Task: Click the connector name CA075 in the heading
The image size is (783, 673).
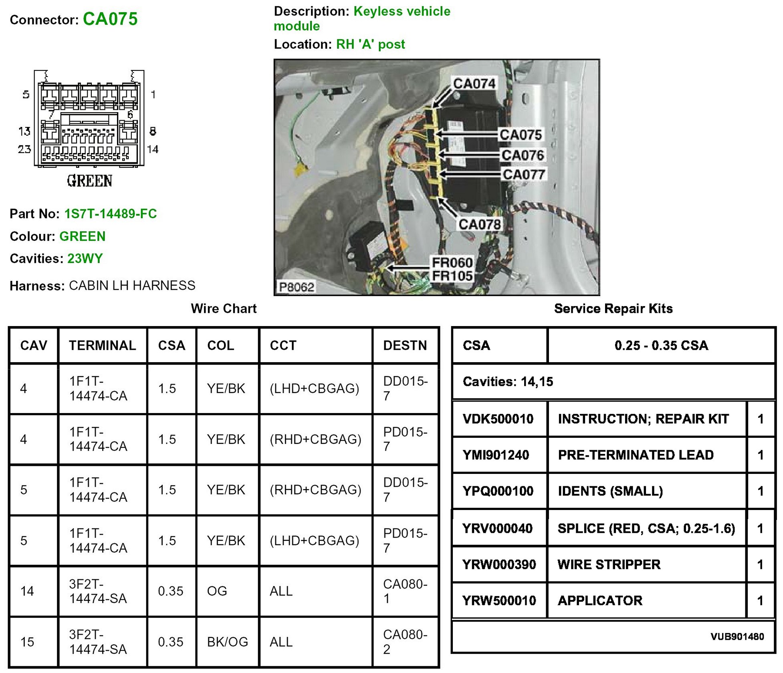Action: pyautogui.click(x=110, y=19)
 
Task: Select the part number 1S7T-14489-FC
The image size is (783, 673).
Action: pyautogui.click(x=111, y=214)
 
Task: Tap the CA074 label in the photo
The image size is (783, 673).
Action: pyautogui.click(x=474, y=83)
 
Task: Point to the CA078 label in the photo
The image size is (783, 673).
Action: pyautogui.click(x=479, y=224)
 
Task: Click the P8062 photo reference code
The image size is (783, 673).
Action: pyautogui.click(x=297, y=287)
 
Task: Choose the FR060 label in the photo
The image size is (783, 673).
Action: pyautogui.click(x=452, y=262)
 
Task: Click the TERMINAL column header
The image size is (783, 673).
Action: pyautogui.click(x=103, y=345)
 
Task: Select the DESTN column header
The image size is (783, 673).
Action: pyautogui.click(x=405, y=345)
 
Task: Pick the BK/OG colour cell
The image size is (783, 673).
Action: pyautogui.click(x=227, y=642)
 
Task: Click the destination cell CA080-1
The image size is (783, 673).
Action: pyautogui.click(x=405, y=591)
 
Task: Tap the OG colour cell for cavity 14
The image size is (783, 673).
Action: pyautogui.click(x=217, y=591)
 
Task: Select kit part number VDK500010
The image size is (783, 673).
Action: pyautogui.click(x=498, y=419)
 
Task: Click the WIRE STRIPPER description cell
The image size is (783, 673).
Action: pyautogui.click(x=609, y=564)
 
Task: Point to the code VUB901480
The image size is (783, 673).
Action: pyautogui.click(x=737, y=637)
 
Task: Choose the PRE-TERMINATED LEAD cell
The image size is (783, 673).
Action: pyautogui.click(x=636, y=455)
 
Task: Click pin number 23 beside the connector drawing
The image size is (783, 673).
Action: pyautogui.click(x=24, y=149)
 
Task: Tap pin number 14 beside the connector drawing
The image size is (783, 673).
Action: pyautogui.click(x=153, y=149)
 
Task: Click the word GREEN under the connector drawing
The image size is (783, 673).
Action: pyautogui.click(x=89, y=181)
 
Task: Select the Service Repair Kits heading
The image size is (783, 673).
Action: pyautogui.click(x=613, y=308)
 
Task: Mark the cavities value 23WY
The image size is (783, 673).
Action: pyautogui.click(x=85, y=258)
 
